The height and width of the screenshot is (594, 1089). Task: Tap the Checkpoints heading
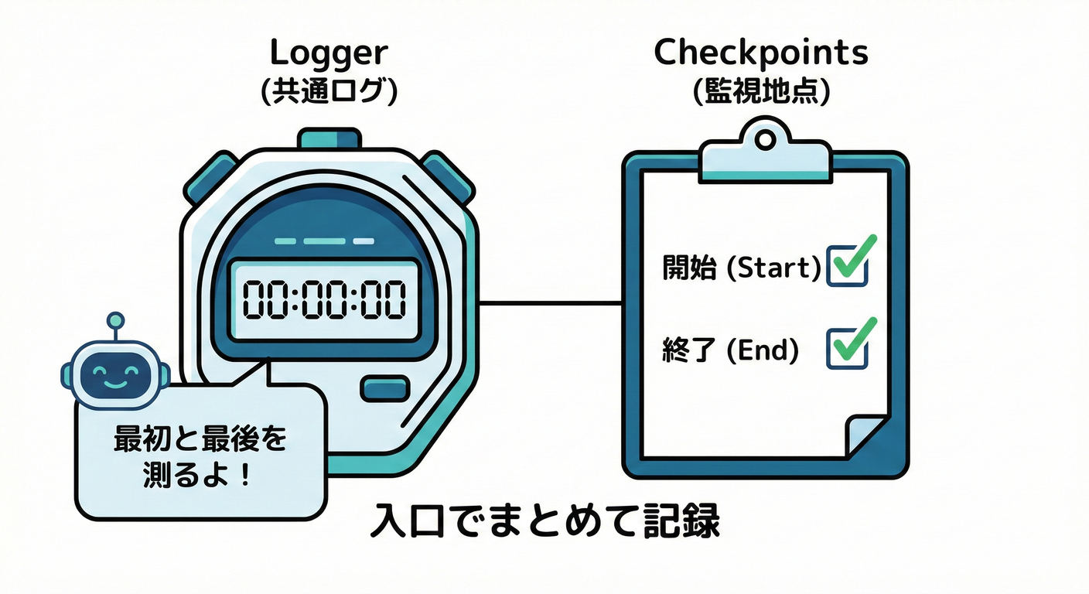click(x=761, y=53)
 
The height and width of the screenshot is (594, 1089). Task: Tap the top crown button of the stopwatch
click(x=329, y=139)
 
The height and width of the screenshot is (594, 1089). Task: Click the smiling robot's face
click(x=110, y=373)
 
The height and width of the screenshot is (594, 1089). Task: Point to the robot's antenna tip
click(x=114, y=318)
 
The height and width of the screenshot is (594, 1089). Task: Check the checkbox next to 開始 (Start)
click(x=847, y=266)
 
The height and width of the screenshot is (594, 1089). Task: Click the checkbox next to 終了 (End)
click(x=847, y=348)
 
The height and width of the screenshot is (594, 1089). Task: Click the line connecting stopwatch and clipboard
click(x=551, y=303)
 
